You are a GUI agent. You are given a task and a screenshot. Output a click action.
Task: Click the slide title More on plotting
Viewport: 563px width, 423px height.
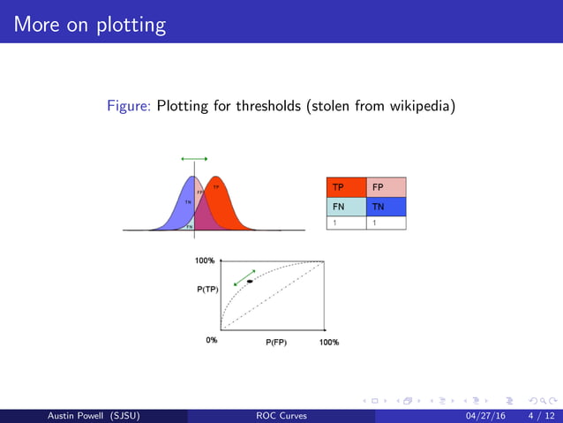point(90,24)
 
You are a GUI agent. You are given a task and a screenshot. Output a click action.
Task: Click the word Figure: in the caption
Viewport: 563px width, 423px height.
point(130,107)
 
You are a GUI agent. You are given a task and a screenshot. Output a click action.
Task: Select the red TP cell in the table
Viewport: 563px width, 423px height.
point(346,187)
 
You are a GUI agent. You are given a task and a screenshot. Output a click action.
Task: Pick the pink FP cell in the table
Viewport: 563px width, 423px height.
point(386,187)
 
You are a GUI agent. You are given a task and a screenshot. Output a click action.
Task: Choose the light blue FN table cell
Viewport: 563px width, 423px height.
point(346,206)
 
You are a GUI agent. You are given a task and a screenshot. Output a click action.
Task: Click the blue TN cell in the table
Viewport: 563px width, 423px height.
point(386,206)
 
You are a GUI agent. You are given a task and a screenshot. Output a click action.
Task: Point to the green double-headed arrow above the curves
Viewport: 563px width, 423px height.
point(193,159)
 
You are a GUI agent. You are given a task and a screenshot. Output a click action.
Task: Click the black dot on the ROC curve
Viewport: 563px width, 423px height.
point(250,281)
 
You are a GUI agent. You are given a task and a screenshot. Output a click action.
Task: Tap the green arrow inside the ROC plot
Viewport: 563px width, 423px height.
point(244,276)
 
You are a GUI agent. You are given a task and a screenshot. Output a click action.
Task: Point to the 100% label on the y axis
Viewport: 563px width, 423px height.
point(205,261)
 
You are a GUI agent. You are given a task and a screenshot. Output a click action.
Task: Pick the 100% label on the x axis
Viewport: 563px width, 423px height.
point(328,342)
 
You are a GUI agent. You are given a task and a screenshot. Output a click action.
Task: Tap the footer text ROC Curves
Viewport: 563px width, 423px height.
point(281,415)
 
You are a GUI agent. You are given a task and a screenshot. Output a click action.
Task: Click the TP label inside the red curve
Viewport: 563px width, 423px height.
point(216,186)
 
